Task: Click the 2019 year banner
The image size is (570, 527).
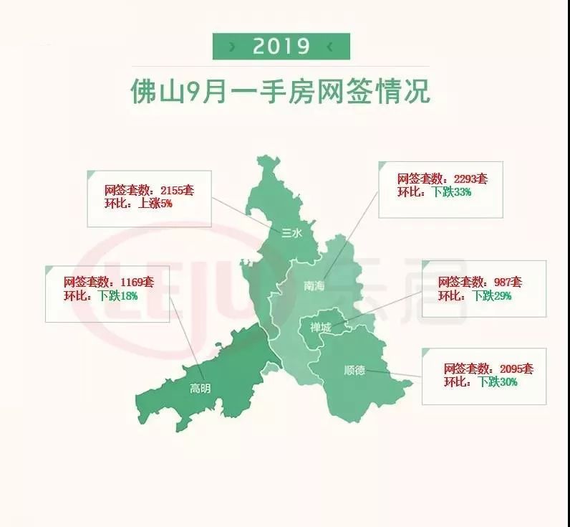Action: pos(281,47)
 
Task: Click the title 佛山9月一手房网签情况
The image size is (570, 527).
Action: pos(281,92)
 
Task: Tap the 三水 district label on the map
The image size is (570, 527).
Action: pos(292,232)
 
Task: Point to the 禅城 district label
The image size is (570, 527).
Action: pos(320,328)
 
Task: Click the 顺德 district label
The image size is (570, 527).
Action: pos(354,371)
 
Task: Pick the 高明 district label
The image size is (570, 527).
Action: pos(201,389)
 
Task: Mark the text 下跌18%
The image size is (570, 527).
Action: pos(117,295)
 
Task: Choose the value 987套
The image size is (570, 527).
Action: pos(508,283)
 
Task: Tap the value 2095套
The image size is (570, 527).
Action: pos(513,369)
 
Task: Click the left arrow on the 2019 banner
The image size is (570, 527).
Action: pos(232,47)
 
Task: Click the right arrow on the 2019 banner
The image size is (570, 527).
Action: pos(329,47)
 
